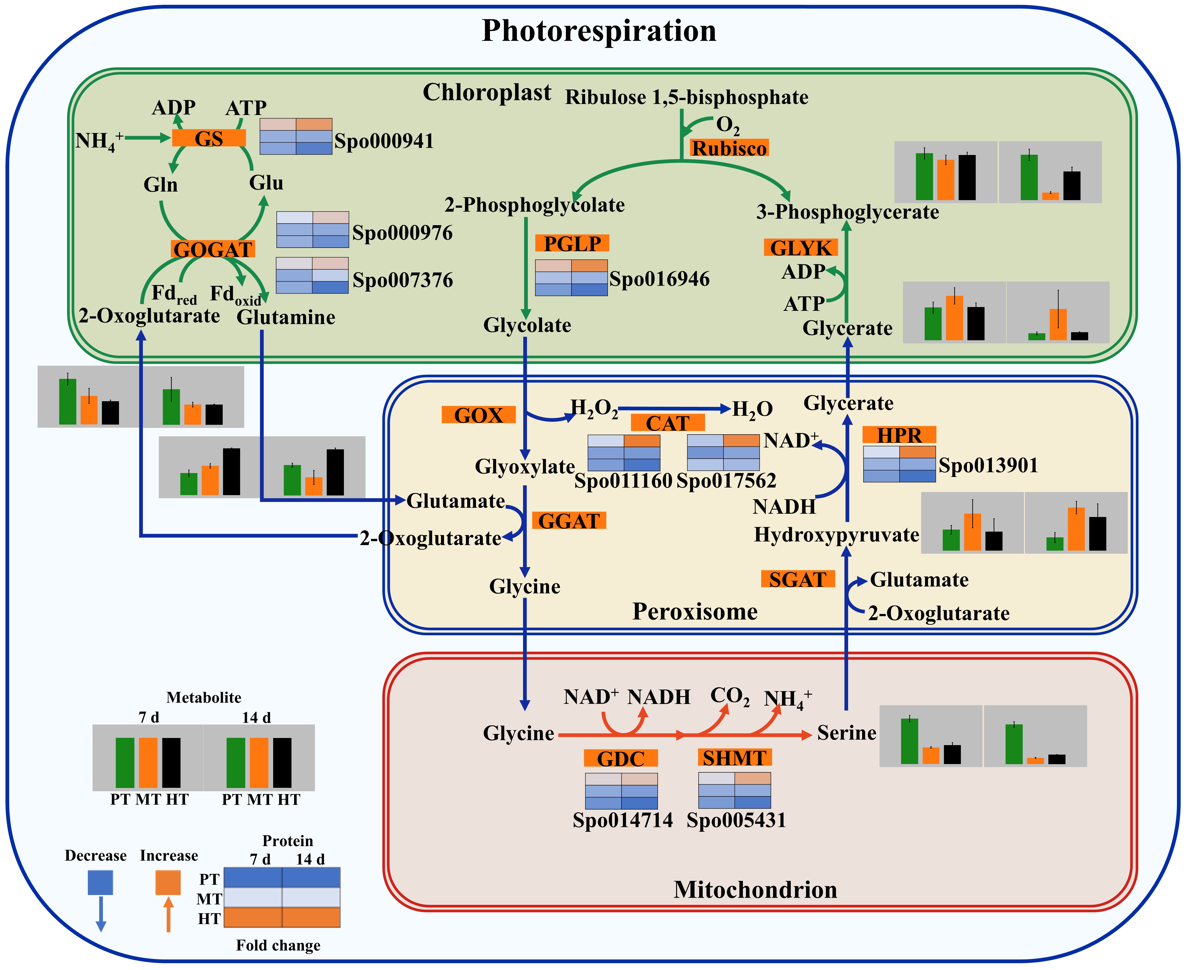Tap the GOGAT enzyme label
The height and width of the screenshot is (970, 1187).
point(213,249)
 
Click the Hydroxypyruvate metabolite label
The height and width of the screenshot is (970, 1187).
point(836,535)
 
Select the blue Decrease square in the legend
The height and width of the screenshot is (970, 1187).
point(101,882)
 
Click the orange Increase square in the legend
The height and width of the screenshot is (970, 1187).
point(168,882)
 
